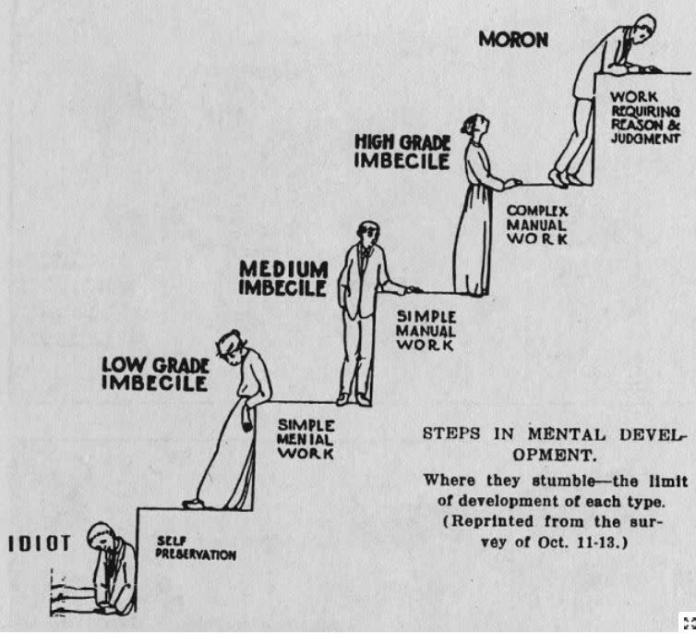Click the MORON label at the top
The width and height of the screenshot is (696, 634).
pyautogui.click(x=513, y=41)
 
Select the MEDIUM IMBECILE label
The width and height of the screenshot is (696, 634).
pyautogui.click(x=283, y=278)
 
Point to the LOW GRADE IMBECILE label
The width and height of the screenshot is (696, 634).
pyautogui.click(x=155, y=375)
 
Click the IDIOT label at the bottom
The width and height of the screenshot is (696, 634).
pyautogui.click(x=40, y=543)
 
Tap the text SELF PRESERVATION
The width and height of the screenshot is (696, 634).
pyautogui.click(x=197, y=549)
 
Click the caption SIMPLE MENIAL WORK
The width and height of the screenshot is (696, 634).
pyautogui.click(x=305, y=440)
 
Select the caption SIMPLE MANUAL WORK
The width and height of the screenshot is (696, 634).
pyautogui.click(x=426, y=331)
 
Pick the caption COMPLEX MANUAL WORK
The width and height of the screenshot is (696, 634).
pyautogui.click(x=536, y=225)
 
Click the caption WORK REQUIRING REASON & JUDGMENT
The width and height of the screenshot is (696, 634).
pyautogui.click(x=644, y=118)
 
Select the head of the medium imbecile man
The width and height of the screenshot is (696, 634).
pyautogui.click(x=366, y=233)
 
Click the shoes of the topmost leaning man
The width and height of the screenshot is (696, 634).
pyautogui.click(x=565, y=177)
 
